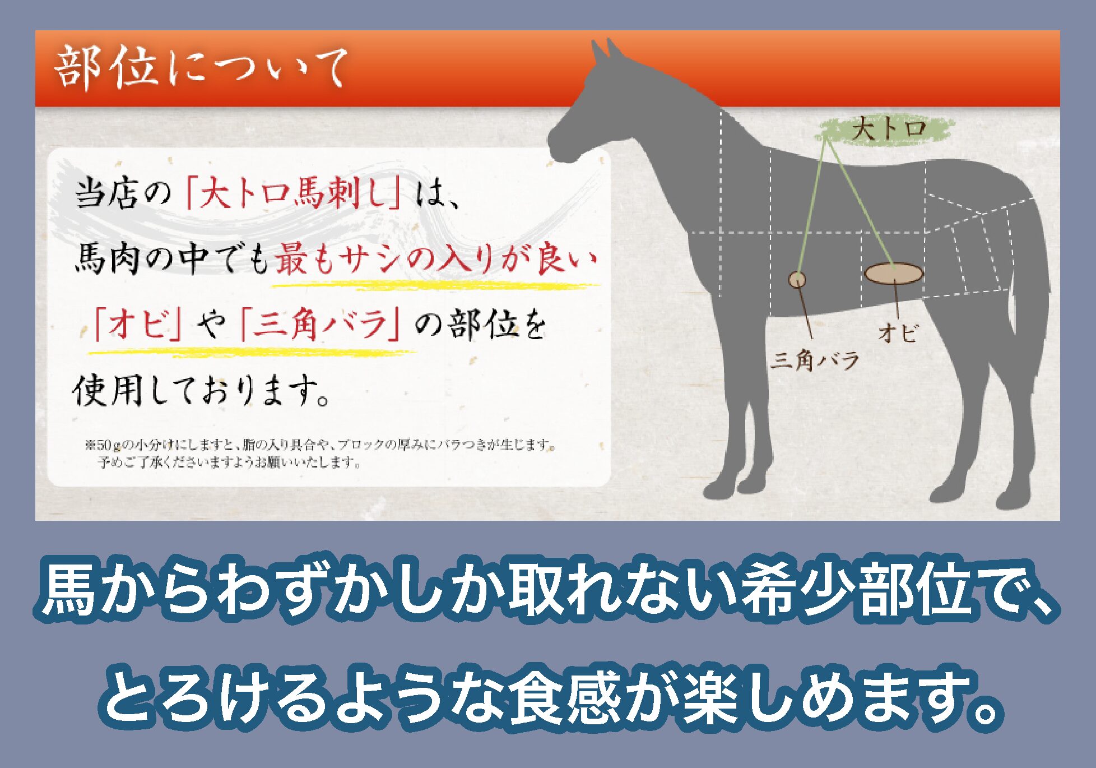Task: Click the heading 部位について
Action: (x=201, y=68)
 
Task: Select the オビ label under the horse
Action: (x=899, y=332)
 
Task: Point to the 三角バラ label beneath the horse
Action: (x=815, y=360)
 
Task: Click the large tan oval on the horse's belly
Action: (x=893, y=274)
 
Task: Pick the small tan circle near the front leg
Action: (x=797, y=279)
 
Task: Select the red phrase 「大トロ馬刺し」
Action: (x=293, y=193)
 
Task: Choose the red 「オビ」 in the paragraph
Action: (x=138, y=325)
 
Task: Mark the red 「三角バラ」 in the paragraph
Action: (x=320, y=325)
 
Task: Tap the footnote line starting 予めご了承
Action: (x=229, y=462)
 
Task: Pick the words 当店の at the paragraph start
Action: (x=123, y=193)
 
